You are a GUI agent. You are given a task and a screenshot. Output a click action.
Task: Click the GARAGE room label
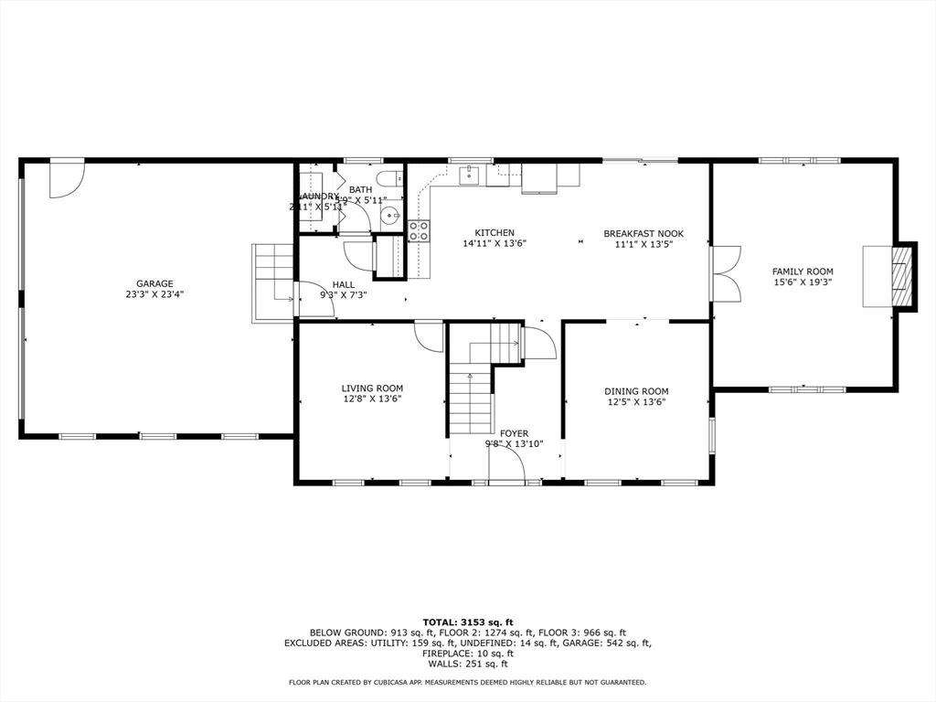154,283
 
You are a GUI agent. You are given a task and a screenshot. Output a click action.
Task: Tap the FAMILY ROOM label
803,271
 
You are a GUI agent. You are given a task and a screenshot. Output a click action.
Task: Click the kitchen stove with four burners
419,230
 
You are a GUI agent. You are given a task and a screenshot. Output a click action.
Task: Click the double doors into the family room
726,274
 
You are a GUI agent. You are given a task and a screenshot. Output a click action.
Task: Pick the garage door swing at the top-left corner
67,177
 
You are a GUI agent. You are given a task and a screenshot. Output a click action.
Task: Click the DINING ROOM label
636,391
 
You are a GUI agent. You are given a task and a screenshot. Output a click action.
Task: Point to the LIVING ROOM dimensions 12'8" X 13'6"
372,399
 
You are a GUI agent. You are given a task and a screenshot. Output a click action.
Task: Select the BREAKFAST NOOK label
643,233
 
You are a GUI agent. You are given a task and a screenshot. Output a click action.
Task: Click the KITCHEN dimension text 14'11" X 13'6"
495,243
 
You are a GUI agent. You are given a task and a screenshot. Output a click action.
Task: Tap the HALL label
344,284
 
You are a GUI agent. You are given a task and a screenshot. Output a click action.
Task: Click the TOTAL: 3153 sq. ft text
467,622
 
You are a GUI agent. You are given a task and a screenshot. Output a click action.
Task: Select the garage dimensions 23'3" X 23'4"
154,294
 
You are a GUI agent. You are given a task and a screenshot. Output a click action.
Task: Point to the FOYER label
514,433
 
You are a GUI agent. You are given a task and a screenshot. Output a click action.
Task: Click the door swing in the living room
428,335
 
